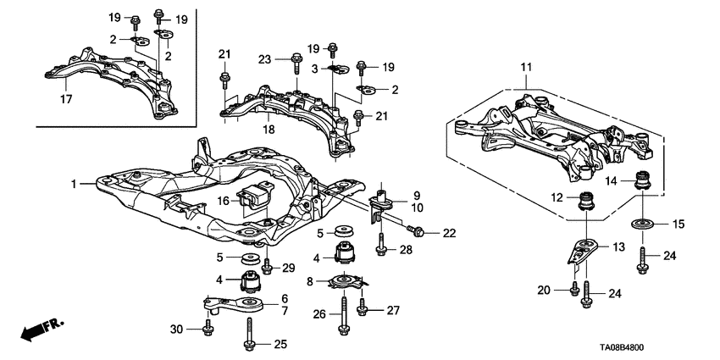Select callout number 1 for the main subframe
click(74, 184)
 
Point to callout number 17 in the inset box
click(64, 99)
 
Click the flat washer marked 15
click(641, 224)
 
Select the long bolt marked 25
click(252, 331)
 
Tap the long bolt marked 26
click(346, 314)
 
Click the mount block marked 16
click(253, 204)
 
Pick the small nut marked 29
click(266, 268)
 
